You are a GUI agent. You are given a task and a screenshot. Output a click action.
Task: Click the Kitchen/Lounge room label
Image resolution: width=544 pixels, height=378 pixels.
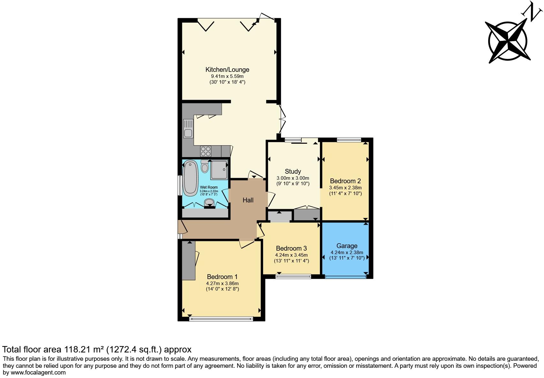click(x=227, y=70)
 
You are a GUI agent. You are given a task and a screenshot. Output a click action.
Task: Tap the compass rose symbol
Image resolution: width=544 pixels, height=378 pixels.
click(x=508, y=41)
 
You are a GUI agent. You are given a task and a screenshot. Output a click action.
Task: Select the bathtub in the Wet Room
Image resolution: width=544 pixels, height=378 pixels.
click(x=190, y=178)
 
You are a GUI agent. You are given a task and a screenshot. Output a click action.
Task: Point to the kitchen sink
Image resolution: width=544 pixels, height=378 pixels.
click(x=188, y=128)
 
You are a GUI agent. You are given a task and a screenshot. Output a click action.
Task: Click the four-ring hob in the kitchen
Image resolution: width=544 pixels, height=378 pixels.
click(x=206, y=150)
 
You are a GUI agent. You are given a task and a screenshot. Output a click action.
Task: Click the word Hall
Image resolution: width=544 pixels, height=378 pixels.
click(x=248, y=200)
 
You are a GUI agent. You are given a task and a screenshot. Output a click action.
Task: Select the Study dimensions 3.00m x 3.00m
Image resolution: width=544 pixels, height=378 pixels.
click(x=293, y=178)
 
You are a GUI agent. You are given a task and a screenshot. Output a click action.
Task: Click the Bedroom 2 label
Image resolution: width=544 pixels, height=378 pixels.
click(x=345, y=181)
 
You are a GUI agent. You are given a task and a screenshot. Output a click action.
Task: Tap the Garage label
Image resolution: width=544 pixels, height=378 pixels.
click(x=347, y=246)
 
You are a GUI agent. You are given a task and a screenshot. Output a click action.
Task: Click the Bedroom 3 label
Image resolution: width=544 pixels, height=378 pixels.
click(x=291, y=248)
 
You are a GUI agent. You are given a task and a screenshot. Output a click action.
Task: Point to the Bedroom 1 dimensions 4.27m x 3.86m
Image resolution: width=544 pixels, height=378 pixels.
click(x=222, y=283)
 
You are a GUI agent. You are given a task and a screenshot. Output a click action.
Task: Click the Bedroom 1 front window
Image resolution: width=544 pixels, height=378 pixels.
click(x=221, y=319)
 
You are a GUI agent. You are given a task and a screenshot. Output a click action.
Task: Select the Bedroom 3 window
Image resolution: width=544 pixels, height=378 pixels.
click(x=293, y=276)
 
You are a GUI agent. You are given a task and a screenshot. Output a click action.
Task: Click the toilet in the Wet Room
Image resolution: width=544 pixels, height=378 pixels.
click(x=205, y=166)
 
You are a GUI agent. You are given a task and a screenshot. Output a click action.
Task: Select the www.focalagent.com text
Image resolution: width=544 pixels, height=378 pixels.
click(x=38, y=372)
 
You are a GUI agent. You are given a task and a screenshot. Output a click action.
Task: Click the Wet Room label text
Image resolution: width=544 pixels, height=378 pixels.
click(x=209, y=187)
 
